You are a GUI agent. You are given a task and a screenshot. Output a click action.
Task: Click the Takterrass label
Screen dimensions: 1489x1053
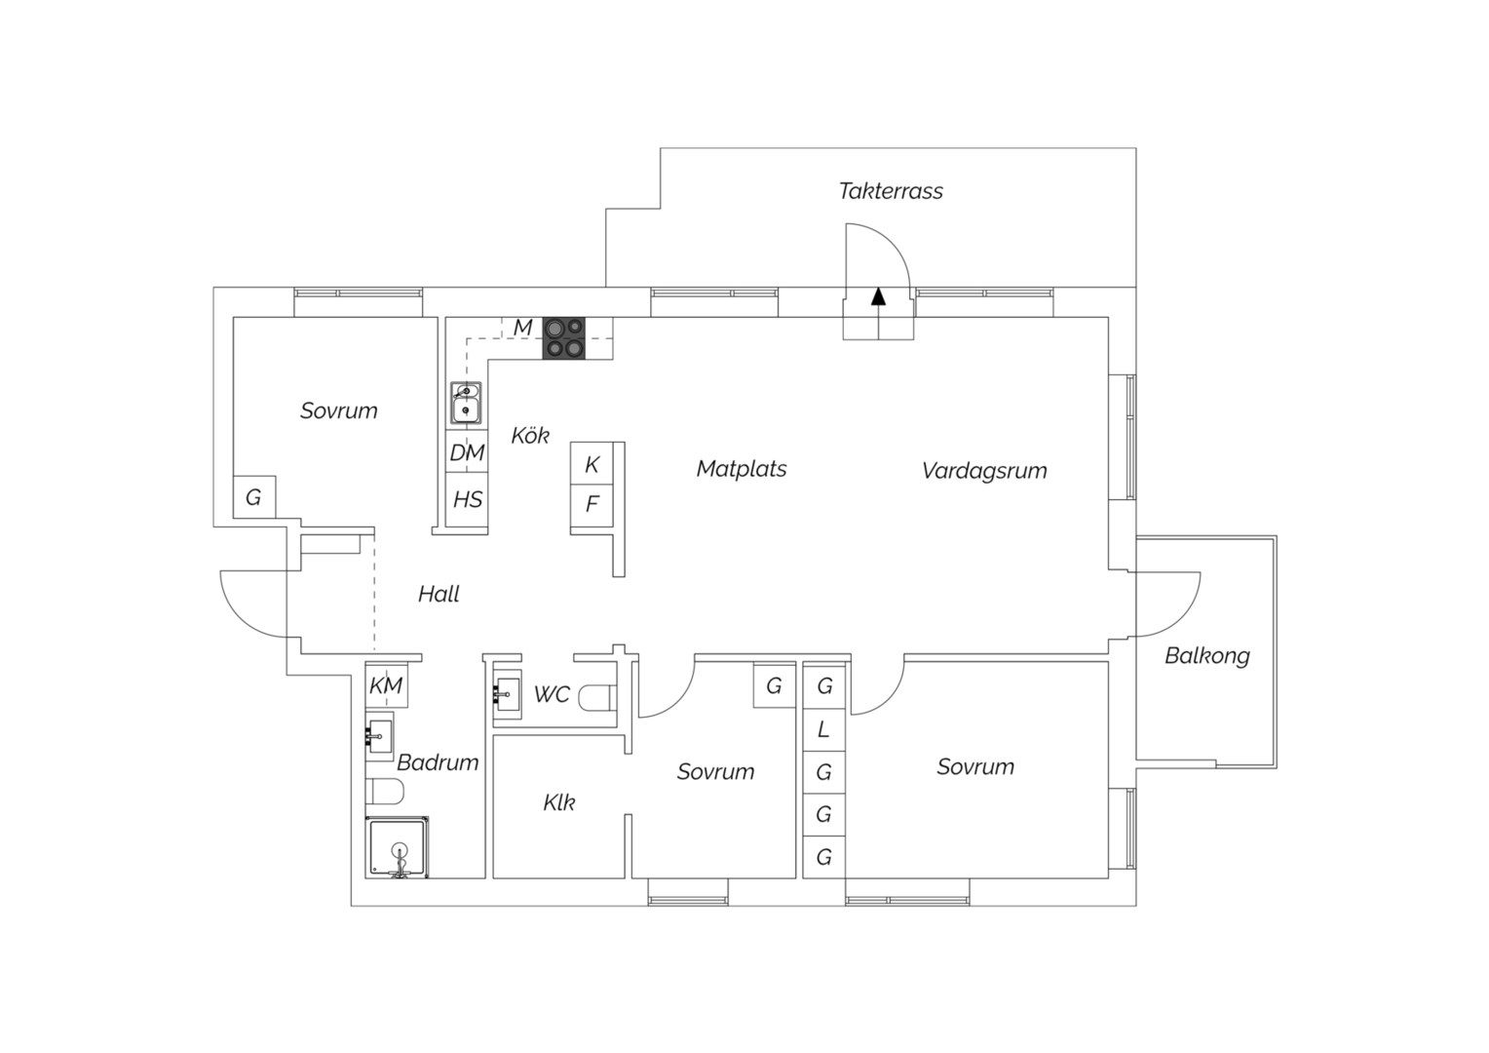click(890, 191)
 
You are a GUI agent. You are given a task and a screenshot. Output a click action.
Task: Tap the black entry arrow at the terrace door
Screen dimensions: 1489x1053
click(878, 296)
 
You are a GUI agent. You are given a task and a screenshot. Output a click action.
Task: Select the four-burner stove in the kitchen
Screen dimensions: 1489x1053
click(563, 338)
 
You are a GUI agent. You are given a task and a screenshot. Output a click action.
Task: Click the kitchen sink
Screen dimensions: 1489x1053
click(466, 403)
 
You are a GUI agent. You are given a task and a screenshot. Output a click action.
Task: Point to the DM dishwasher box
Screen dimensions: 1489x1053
click(467, 451)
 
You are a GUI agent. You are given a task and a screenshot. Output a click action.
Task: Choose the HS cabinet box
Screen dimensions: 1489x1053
click(467, 499)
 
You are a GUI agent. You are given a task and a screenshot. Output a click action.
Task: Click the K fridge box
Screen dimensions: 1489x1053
click(592, 464)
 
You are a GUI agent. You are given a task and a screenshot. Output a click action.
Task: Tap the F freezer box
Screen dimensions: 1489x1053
click(592, 506)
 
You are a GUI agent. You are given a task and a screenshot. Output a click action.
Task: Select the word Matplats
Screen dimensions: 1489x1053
click(742, 469)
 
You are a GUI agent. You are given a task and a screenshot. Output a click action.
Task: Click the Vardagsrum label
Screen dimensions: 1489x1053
click(984, 471)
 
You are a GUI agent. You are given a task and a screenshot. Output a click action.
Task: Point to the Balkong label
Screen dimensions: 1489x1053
click(1207, 656)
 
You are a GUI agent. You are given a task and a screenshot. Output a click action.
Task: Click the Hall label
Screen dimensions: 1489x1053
click(439, 594)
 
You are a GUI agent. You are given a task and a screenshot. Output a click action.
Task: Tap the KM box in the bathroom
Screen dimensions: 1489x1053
click(386, 685)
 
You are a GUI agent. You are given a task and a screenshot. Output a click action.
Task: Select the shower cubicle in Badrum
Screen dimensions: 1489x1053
click(397, 847)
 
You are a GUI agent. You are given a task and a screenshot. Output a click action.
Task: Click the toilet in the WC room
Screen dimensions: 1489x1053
click(597, 698)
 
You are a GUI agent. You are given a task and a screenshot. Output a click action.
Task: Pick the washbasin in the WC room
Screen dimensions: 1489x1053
click(508, 694)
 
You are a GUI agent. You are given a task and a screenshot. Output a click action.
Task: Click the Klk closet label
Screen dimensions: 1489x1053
click(559, 802)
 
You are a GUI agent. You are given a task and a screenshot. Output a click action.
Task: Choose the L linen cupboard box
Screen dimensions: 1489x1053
click(824, 729)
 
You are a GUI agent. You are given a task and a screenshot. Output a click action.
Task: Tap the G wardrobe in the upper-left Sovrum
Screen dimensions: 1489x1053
click(254, 497)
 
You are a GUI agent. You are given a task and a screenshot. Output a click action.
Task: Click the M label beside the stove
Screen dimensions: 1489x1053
click(523, 328)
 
